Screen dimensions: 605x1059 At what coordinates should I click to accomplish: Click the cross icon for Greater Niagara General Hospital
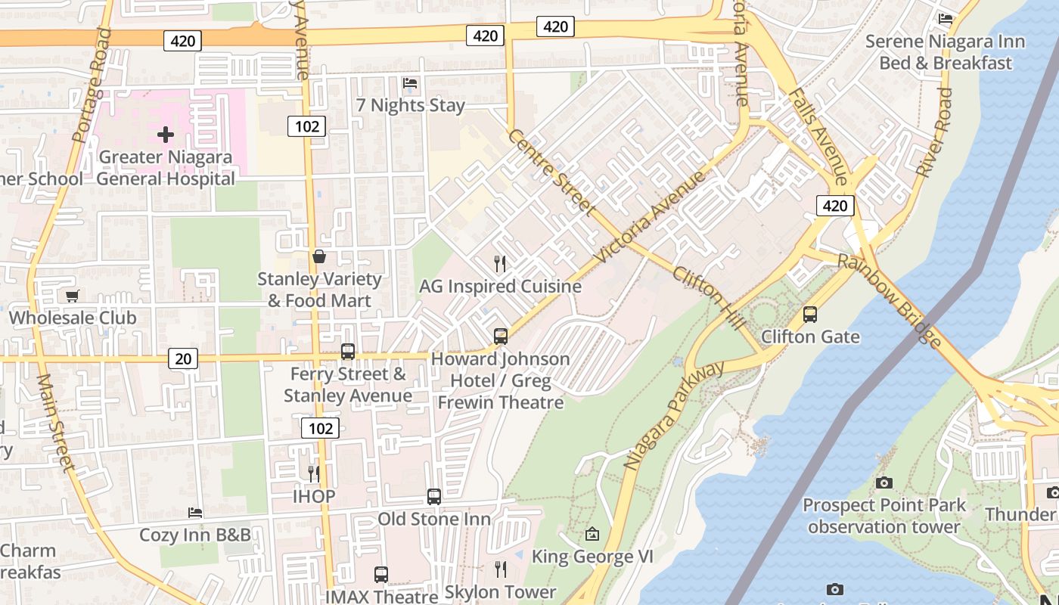click(166, 135)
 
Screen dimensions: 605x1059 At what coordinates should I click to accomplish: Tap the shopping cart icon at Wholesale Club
click(72, 296)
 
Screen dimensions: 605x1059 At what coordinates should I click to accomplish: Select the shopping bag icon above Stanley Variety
click(319, 257)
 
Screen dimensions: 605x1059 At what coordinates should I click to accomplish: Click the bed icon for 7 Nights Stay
click(410, 83)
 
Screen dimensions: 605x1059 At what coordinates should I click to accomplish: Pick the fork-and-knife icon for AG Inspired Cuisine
click(499, 264)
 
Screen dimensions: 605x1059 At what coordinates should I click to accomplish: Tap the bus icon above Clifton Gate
click(810, 314)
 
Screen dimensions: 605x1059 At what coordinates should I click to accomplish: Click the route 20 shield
click(184, 358)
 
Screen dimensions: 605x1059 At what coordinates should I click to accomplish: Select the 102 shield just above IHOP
click(320, 429)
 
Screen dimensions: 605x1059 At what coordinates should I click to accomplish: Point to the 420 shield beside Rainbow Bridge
click(835, 206)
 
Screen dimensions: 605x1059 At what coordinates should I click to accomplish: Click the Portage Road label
click(92, 85)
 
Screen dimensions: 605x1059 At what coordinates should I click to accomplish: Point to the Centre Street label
click(551, 172)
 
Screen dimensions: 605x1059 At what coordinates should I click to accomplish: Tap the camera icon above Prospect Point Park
click(883, 482)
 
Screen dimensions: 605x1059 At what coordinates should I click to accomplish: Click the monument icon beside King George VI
click(592, 535)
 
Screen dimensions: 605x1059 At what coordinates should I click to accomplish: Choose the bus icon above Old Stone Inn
click(434, 497)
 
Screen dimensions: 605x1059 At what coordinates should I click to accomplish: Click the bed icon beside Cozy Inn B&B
click(195, 513)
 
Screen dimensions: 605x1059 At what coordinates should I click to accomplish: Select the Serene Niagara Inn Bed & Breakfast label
click(945, 52)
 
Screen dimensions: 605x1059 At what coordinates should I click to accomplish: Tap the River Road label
click(935, 132)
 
